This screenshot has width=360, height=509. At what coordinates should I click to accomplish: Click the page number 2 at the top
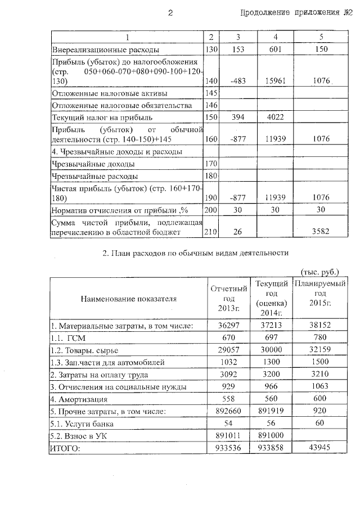[170, 13]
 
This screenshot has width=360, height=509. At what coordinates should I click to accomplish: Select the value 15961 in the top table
[276, 81]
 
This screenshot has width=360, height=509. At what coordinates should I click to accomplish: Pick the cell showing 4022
[276, 118]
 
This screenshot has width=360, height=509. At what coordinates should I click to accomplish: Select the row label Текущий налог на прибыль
[102, 118]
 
